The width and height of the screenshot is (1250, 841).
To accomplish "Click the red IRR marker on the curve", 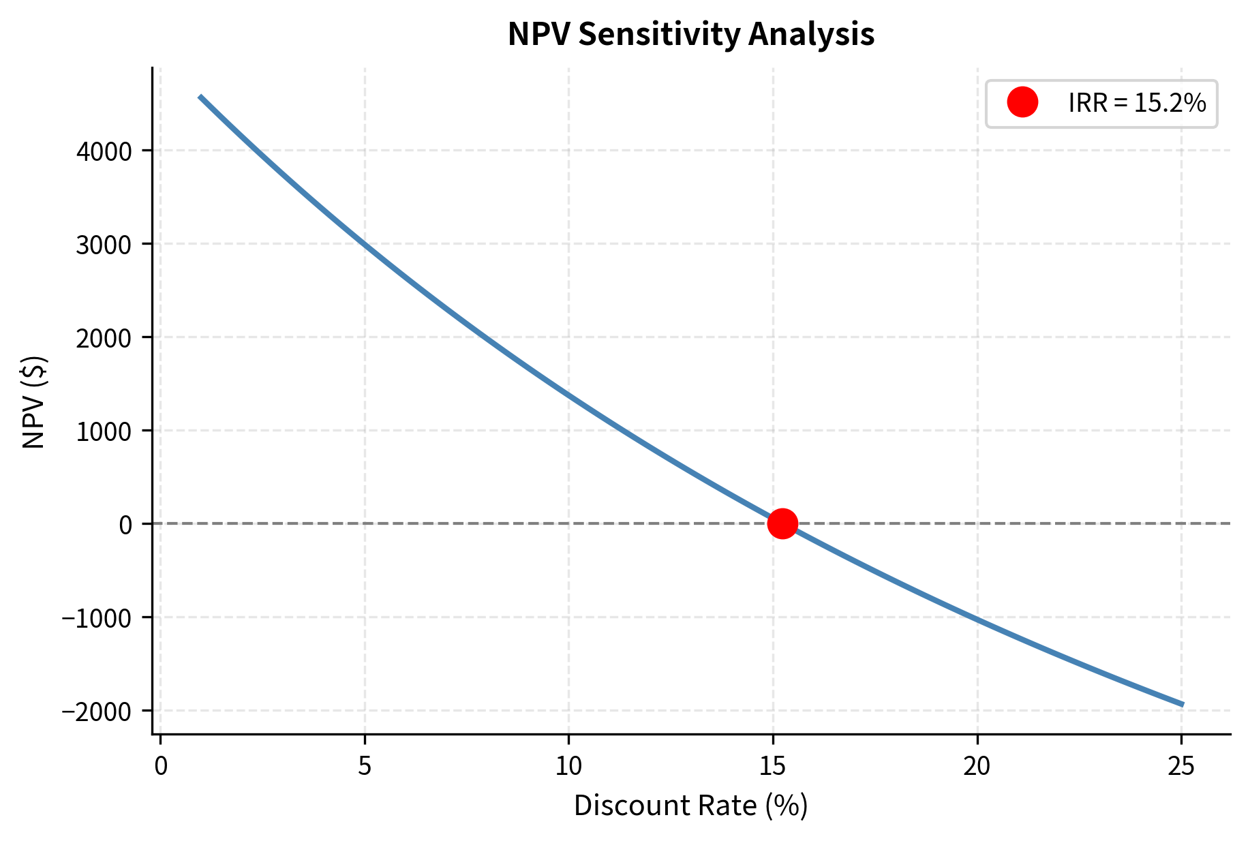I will pos(782,523).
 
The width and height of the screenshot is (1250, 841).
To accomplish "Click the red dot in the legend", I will pos(1022,103).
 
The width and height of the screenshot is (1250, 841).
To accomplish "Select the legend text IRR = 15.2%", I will pos(1137,103).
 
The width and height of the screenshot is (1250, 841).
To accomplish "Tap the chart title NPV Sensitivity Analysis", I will pos(690,34).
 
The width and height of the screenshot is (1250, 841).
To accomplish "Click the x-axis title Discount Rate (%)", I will pos(690,806).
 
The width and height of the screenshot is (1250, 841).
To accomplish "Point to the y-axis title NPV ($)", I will pos(33,402).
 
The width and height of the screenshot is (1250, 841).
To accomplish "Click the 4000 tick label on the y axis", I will pos(104,151).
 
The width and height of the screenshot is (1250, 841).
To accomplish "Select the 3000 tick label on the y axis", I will pos(104,245).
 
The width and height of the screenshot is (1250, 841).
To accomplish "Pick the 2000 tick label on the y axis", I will pos(104,338).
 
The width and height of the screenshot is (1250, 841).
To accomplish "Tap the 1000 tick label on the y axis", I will pos(104,431).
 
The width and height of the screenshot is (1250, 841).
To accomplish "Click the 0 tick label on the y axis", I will pos(125,525).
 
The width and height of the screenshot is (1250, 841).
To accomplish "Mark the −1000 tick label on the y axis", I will pos(97,618).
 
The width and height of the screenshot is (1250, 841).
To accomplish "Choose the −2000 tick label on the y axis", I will pos(97,712).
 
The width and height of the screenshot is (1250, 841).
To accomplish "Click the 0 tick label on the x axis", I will pos(160,767).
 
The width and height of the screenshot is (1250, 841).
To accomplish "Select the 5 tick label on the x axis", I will pos(365,767).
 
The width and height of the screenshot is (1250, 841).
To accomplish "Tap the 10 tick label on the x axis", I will pos(568,767).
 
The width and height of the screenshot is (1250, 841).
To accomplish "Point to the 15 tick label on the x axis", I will pos(773,767).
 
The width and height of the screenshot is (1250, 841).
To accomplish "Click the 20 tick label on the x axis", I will pos(977,767).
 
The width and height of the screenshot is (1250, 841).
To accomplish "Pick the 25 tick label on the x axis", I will pos(1181,767).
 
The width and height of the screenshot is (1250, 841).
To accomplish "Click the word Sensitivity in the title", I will pos(659,34).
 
